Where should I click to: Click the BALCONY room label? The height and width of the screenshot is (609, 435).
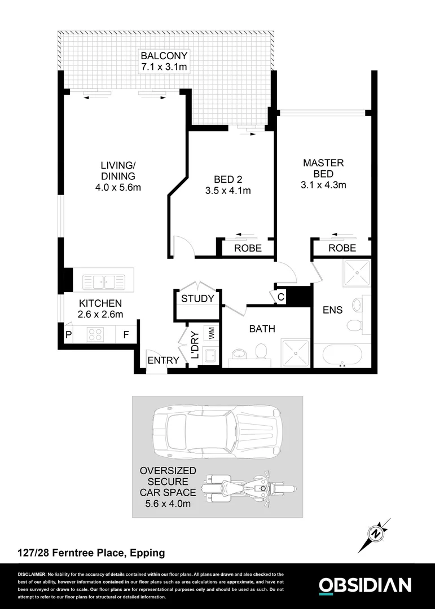pyautogui.click(x=164, y=56)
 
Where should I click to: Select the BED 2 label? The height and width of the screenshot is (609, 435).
pyautogui.click(x=227, y=179)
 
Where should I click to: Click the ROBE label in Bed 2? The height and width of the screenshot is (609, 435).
pyautogui.click(x=248, y=248)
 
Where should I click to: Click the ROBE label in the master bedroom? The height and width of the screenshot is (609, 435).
pyautogui.click(x=342, y=248)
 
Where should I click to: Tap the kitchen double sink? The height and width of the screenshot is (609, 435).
pyautogui.click(x=103, y=280)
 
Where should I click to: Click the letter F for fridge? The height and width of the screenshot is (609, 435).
pyautogui.click(x=126, y=335)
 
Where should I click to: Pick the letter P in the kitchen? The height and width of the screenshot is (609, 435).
pyautogui.click(x=68, y=335)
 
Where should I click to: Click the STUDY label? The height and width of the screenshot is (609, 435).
pyautogui.click(x=197, y=298)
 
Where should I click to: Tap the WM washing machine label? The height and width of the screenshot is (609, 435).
pyautogui.click(x=211, y=333)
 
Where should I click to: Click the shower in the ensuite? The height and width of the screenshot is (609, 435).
pyautogui.click(x=356, y=273)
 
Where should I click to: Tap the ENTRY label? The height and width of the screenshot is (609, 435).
pyautogui.click(x=163, y=360)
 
